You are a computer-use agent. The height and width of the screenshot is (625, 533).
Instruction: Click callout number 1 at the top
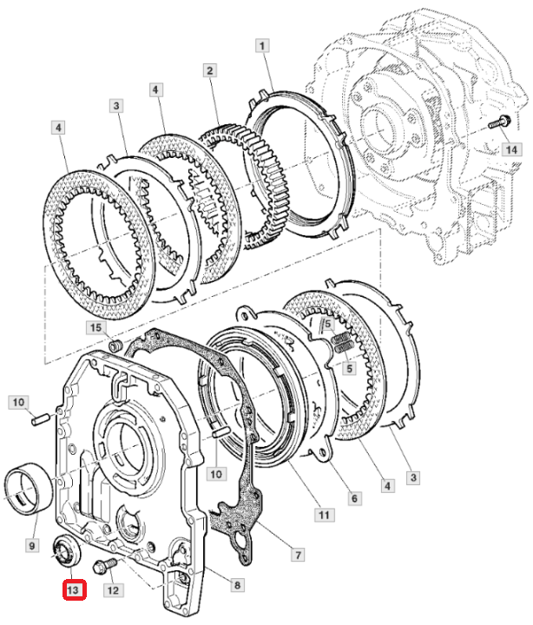pyautogui.click(x=262, y=46)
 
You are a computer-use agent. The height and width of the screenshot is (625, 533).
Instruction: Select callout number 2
pyautogui.click(x=210, y=71)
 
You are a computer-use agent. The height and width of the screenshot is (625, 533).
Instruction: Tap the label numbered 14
pyautogui.click(x=511, y=149)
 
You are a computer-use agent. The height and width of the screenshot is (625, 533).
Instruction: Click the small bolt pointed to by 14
pyautogui.click(x=499, y=122)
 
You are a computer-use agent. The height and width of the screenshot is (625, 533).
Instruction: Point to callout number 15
pyautogui.click(x=95, y=328)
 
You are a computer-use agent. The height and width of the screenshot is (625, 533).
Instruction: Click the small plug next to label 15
pyautogui.click(x=115, y=345)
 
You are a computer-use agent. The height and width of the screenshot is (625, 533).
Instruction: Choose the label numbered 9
pyautogui.click(x=32, y=545)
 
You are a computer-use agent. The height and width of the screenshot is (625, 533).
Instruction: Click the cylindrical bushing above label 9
pyautogui.click(x=30, y=489)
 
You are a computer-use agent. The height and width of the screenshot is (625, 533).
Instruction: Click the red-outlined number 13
pyautogui.click(x=74, y=589)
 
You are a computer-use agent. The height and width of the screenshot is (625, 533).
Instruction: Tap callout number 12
pyautogui.click(x=113, y=590)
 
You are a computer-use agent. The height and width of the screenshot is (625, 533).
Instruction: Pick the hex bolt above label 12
pyautogui.click(x=105, y=566)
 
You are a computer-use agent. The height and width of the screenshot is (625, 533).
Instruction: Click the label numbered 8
pyautogui.click(x=237, y=585)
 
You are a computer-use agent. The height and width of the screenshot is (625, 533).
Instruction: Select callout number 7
pyautogui.click(x=299, y=555)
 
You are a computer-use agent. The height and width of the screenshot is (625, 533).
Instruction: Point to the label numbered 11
pyautogui.click(x=324, y=515)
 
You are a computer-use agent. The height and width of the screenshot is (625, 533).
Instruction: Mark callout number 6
pyautogui.click(x=354, y=498)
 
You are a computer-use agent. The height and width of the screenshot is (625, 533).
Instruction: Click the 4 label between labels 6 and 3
pyautogui.click(x=387, y=486)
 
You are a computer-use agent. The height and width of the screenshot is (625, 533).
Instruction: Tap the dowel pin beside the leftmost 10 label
pyautogui.click(x=40, y=420)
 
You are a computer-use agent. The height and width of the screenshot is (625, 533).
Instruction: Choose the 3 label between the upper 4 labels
pyautogui.click(x=116, y=106)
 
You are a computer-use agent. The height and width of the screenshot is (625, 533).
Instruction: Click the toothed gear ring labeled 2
pyautogui.click(x=279, y=191)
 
